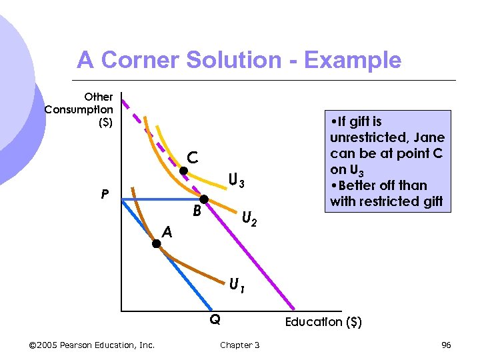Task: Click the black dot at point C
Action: pos(183,171)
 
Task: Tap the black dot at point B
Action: pos(204,199)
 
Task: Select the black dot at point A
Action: pos(156,244)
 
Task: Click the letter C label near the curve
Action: pos(192,157)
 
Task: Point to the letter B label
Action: pos(197,213)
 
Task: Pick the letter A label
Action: pos(167,232)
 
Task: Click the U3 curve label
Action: pos(237,181)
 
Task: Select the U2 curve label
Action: pos(250,217)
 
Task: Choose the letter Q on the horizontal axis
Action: pos(215,320)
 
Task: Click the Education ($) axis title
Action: pos(323,323)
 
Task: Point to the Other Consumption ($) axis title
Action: pos(79,109)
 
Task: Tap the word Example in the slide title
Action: pos(353,61)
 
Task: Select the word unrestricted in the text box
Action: pos(368,138)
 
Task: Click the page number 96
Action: pos(446,345)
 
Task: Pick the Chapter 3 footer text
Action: pos(239,345)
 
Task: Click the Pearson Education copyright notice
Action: pos(92,345)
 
